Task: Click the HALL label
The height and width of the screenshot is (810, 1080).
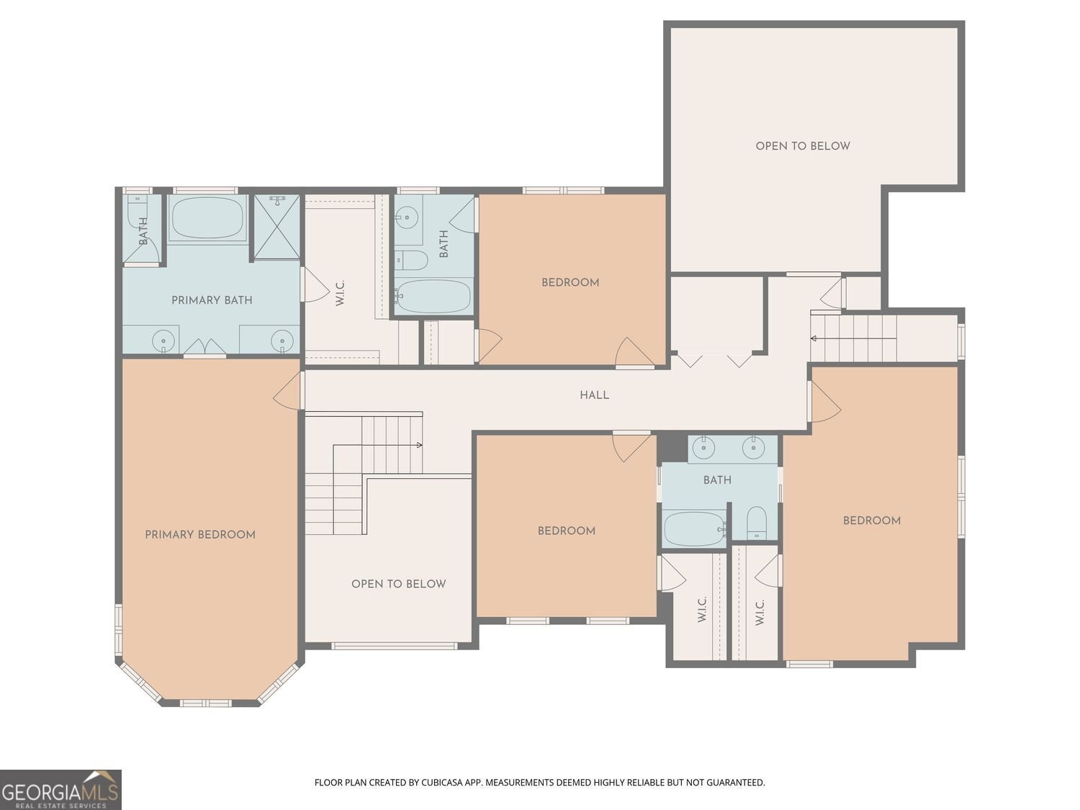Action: point(594,395)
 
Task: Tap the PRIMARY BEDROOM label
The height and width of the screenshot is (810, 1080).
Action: point(199,534)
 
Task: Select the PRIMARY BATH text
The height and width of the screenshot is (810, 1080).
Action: point(212,300)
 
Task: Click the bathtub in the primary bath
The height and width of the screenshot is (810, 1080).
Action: point(207,218)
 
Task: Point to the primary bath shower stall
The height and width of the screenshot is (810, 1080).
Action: point(276,227)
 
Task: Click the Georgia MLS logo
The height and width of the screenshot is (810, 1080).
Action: point(60,789)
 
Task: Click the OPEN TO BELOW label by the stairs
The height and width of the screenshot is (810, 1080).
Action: point(398,584)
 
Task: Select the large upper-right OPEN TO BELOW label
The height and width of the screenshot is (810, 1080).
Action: point(803,146)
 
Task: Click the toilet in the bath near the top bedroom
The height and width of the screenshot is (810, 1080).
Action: point(412,260)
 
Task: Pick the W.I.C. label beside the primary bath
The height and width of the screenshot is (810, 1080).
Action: point(340,293)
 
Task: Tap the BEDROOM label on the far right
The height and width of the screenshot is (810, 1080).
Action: point(871,521)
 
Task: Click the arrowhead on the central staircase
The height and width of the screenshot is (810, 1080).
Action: point(419,445)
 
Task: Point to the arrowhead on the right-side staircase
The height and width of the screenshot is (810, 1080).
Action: point(814,338)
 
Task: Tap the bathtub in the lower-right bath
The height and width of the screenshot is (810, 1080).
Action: point(694,528)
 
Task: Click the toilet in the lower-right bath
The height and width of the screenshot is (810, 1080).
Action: point(756,522)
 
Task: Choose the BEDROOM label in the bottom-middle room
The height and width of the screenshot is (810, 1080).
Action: point(566,531)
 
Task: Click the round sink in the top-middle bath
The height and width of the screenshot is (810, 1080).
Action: point(408,217)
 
